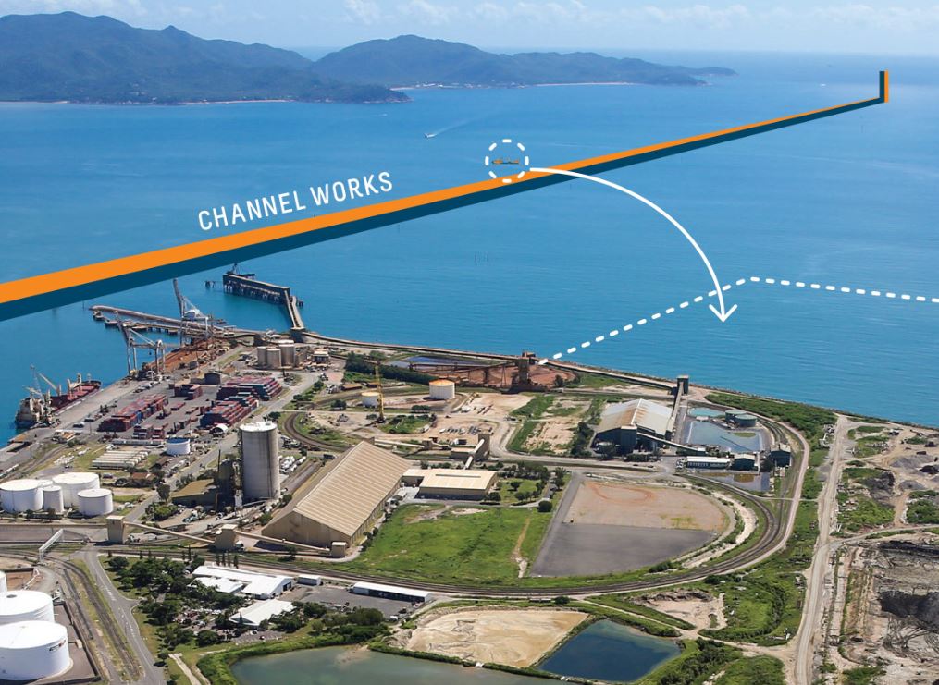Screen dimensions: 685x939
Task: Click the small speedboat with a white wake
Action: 428,136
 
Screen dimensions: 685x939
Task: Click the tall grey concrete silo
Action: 259,460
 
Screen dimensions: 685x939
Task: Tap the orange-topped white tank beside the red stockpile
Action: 442,389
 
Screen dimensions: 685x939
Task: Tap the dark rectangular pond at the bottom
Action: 610,648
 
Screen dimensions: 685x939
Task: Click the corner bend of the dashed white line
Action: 748,278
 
